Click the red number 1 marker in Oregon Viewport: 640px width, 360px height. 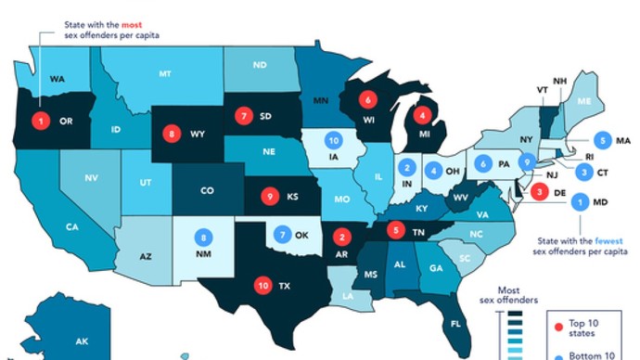pyautogui.click(x=40, y=120)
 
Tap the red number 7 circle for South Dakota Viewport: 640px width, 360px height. pyautogui.click(x=243, y=117)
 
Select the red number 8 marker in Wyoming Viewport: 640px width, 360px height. pyautogui.click(x=172, y=134)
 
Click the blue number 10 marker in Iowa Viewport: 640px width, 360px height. pyautogui.click(x=334, y=141)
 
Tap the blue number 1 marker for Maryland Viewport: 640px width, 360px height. pyautogui.click(x=581, y=199)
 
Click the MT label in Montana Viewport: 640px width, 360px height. pyautogui.click(x=165, y=73)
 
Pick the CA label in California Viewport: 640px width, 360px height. pyautogui.click(x=70, y=225)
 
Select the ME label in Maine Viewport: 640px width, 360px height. pyautogui.click(x=583, y=100)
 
